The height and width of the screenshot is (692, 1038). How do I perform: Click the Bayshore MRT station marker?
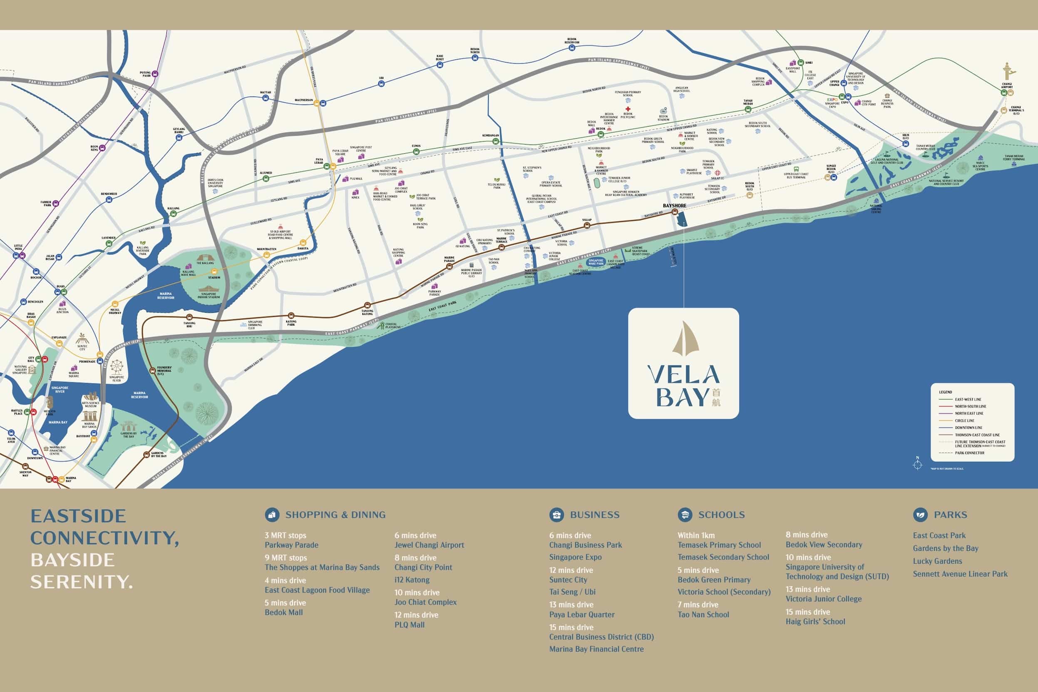click(x=675, y=212)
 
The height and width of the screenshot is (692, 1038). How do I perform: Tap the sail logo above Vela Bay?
click(x=683, y=339)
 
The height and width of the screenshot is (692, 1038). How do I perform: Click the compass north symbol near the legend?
click(x=918, y=465)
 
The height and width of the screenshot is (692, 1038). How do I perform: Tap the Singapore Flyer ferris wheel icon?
click(x=117, y=367)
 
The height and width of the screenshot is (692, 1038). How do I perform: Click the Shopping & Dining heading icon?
click(x=272, y=515)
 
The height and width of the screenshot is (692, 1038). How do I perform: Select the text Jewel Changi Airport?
click(x=429, y=545)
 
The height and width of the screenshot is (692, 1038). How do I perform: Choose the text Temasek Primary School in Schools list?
click(x=719, y=545)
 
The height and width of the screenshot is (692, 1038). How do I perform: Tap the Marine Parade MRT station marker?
click(x=449, y=266)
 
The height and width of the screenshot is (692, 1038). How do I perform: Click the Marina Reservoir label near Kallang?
click(x=166, y=296)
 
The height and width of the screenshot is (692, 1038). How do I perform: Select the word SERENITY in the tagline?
click(x=81, y=582)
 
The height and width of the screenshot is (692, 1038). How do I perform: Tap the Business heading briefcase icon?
click(x=556, y=515)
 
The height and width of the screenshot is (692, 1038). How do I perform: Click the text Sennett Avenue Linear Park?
click(x=960, y=574)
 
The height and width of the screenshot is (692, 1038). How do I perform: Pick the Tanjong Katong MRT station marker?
click(x=367, y=305)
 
